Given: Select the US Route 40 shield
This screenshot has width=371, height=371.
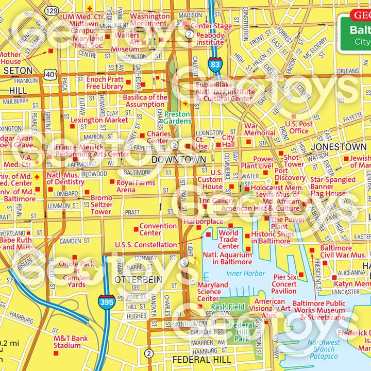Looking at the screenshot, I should pos(50,75).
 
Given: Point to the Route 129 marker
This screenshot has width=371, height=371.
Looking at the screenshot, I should pos(51,10).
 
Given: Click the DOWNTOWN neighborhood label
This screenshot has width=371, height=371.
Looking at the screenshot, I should pos(178,160).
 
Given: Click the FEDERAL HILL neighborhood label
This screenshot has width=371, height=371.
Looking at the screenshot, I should pos(202,360).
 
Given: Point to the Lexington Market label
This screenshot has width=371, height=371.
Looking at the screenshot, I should pos(99,120).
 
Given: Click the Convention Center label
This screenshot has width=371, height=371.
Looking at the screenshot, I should pos(158,229).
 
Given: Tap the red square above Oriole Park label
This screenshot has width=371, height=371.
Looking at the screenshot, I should pos(75,257).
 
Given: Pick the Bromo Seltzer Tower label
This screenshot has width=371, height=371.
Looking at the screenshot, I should pos(101,205).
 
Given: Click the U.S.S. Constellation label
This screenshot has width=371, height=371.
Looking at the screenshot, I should pos(146,245).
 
